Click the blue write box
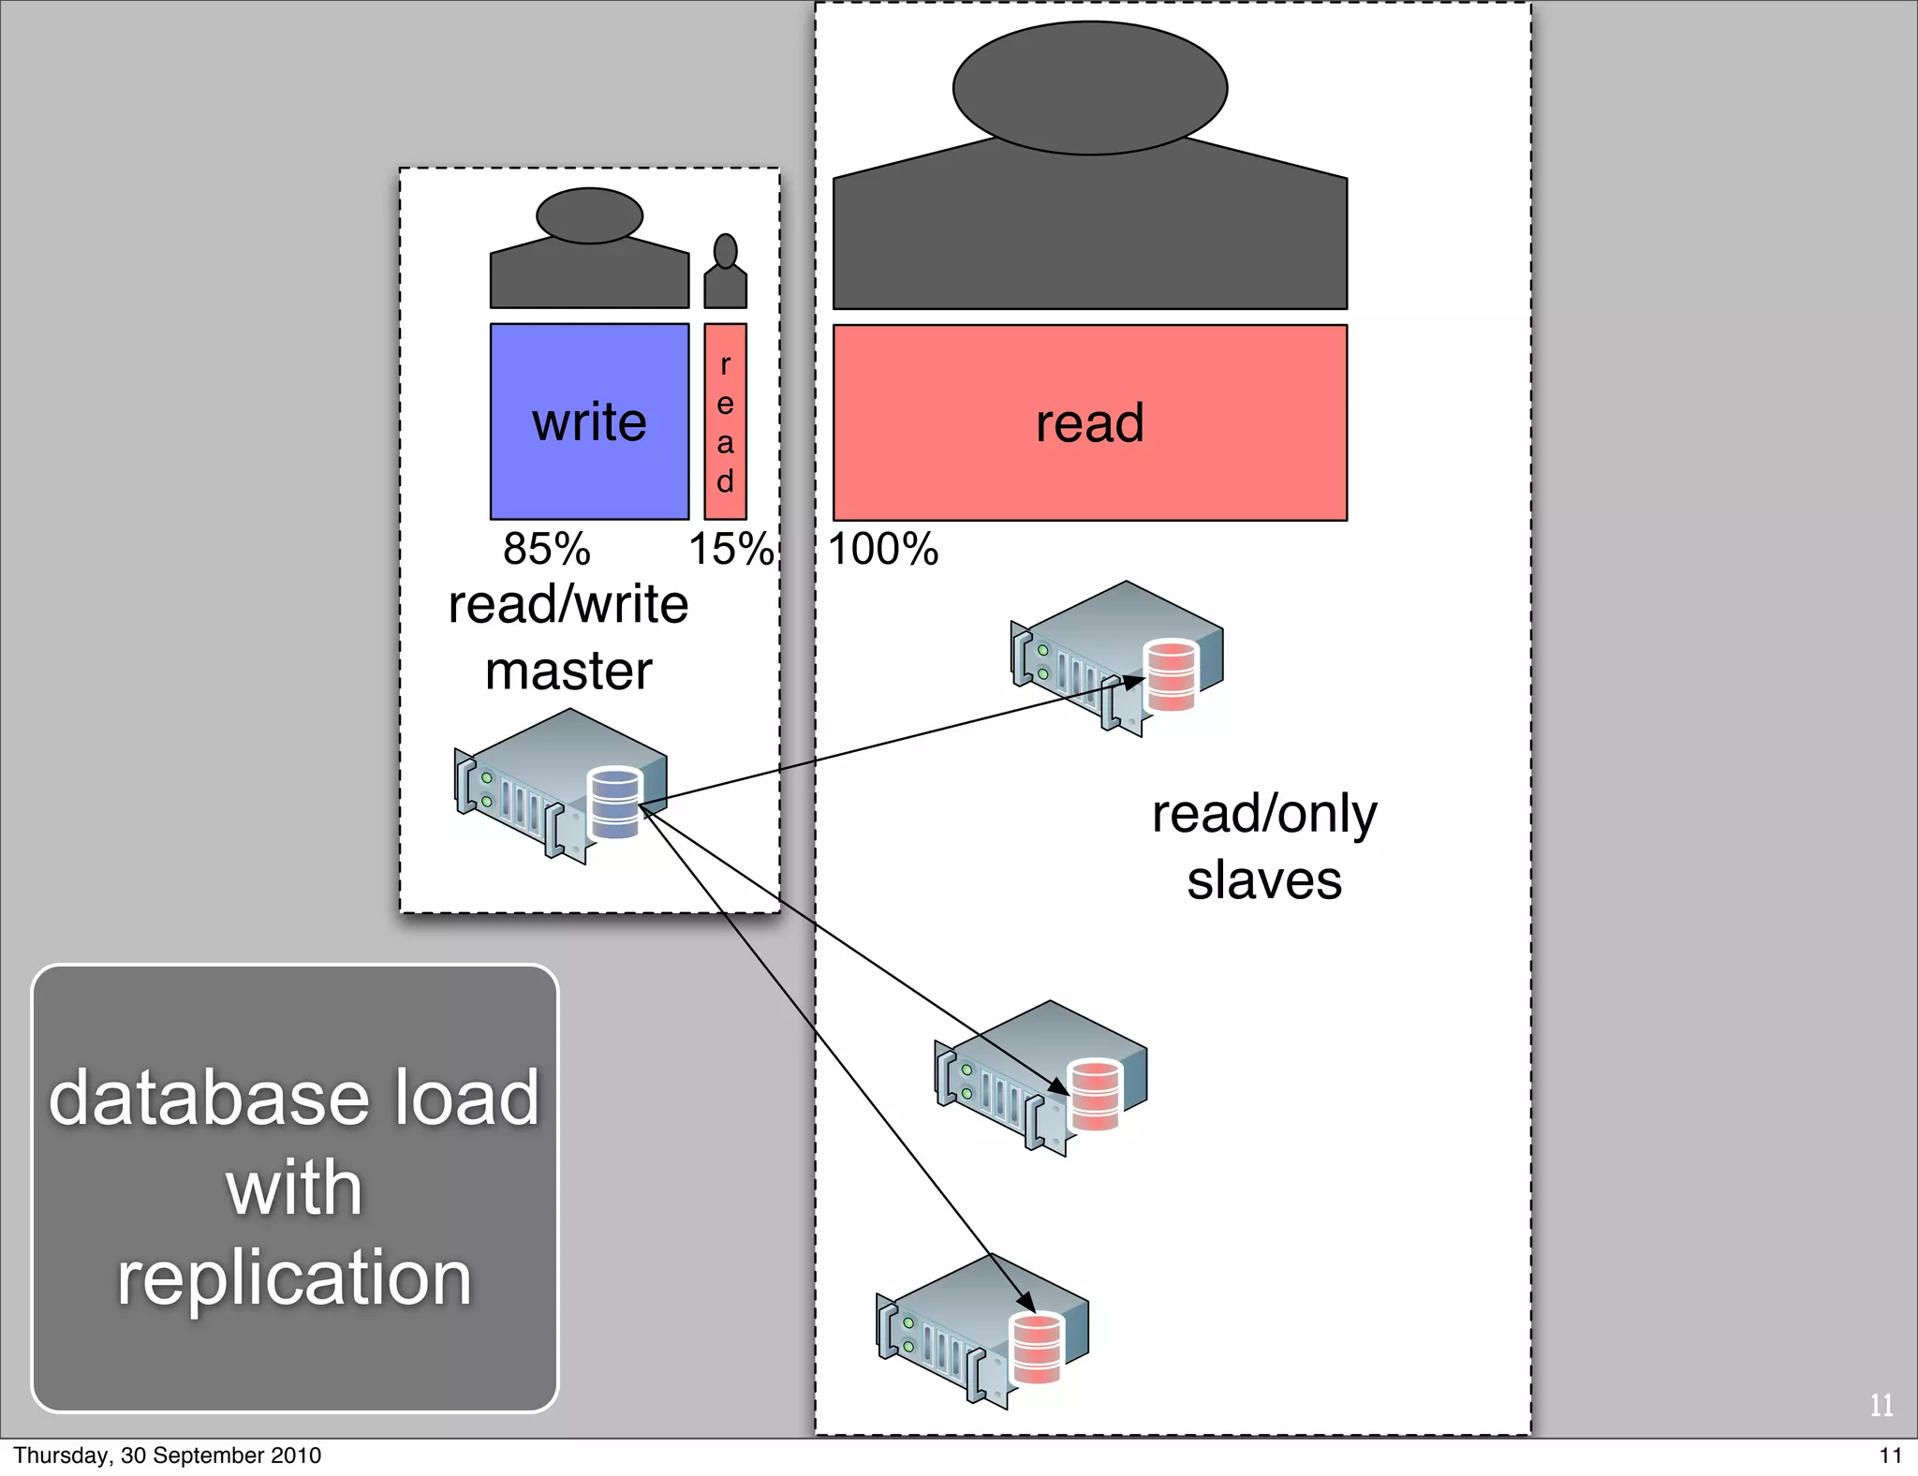click(589, 421)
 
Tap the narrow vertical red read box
click(725, 421)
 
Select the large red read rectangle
click(1089, 422)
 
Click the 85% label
click(546, 549)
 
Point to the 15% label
click(730, 549)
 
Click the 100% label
click(882, 549)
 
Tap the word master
click(568, 672)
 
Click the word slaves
click(1264, 880)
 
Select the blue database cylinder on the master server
click(615, 803)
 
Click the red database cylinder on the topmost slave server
click(1171, 675)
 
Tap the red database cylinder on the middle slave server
click(1095, 1094)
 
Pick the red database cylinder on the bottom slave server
click(1037, 1349)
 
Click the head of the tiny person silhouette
click(725, 251)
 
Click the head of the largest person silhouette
click(1089, 88)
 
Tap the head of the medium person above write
click(589, 215)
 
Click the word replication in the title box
click(294, 1277)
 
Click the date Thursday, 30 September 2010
click(167, 1455)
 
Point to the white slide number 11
click(1881, 1405)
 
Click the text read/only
click(1264, 813)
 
